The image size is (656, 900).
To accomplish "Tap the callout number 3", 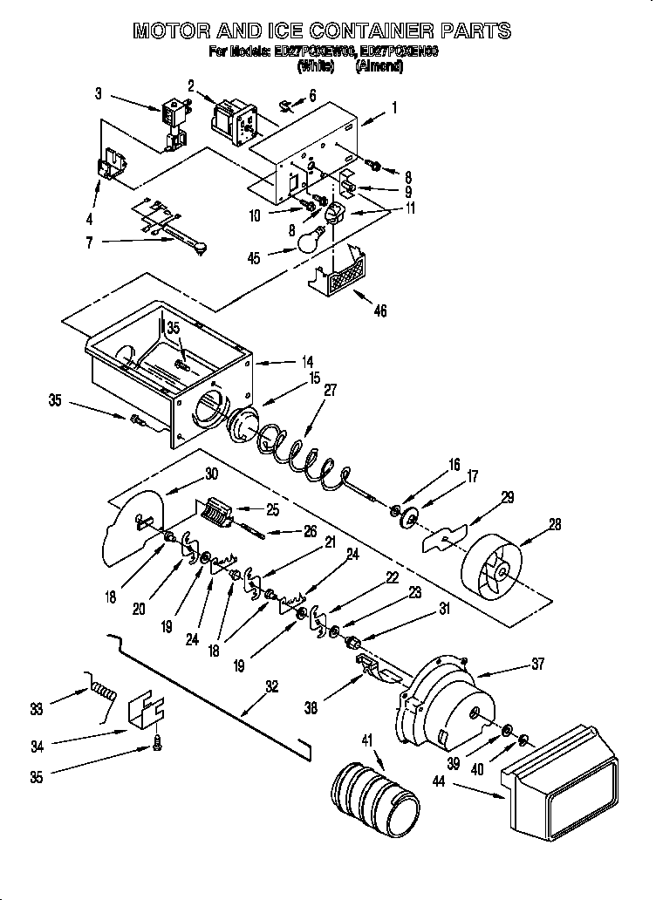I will [x=99, y=93].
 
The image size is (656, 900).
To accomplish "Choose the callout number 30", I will [x=210, y=474].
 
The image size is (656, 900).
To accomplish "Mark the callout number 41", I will [x=366, y=740].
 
